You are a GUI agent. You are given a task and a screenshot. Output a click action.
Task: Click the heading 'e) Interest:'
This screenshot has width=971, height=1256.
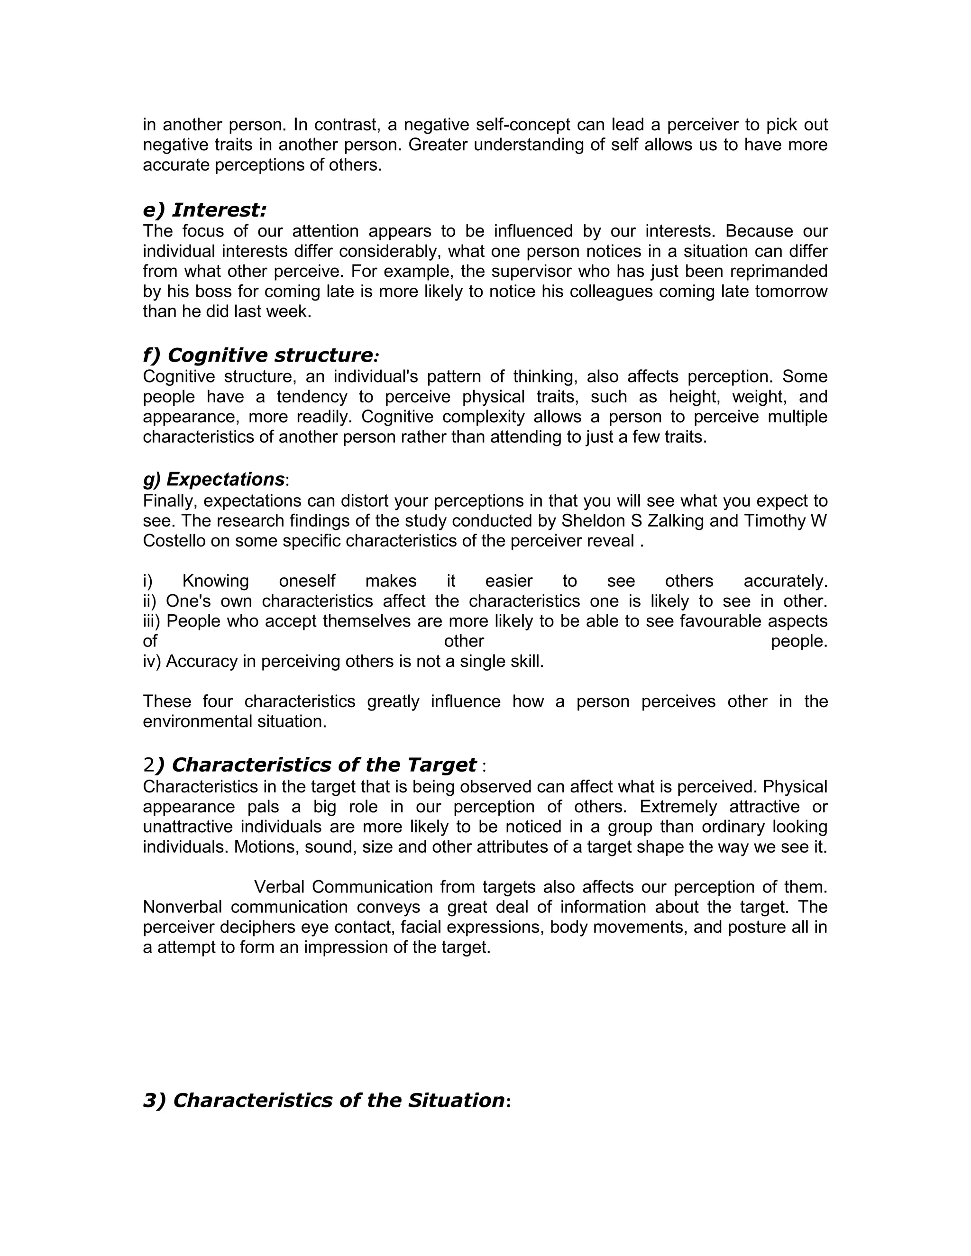204,210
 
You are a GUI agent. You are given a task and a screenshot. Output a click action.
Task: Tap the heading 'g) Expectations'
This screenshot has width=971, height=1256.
213,479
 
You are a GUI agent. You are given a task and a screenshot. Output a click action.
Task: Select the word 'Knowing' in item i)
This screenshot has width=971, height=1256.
215,581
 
